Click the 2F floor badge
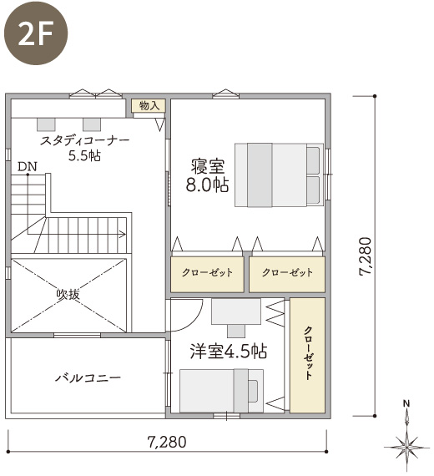[x=36, y=33]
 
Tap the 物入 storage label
[x=149, y=106]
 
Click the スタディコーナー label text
[x=84, y=140]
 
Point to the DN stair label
[x=27, y=167]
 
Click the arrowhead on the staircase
[x=123, y=234]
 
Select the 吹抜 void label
[x=68, y=294]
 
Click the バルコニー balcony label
[x=88, y=378]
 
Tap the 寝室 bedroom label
[x=208, y=167]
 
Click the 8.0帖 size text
[x=207, y=185]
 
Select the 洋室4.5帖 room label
[x=228, y=352]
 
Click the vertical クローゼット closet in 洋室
[x=307, y=355]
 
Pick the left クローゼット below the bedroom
[x=207, y=274]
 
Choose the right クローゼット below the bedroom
[x=287, y=274]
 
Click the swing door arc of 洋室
[x=194, y=322]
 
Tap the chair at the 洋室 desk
[x=236, y=331]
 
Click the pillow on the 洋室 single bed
[x=253, y=391]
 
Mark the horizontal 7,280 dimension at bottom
[x=167, y=442]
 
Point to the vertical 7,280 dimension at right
[x=365, y=256]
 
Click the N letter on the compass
[x=406, y=403]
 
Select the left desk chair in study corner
[x=46, y=124]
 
